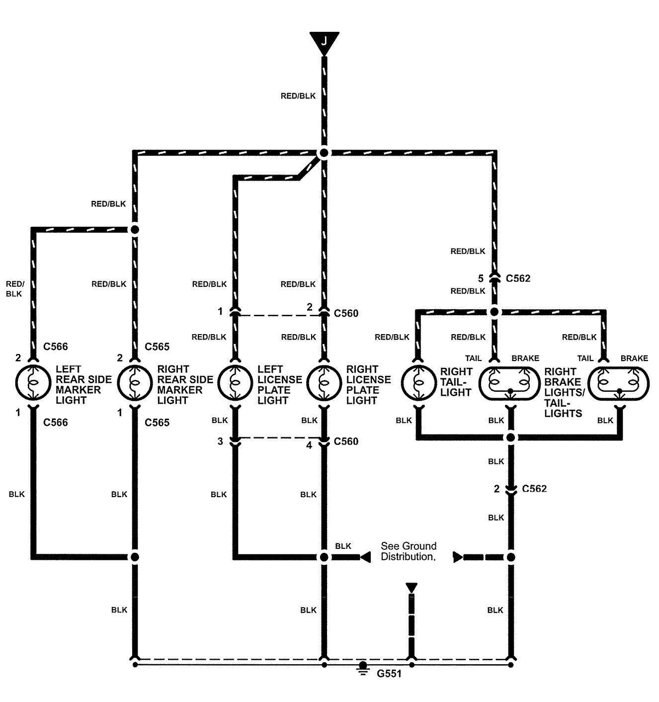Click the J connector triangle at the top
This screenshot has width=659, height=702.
(324, 40)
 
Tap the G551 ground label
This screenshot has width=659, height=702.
(389, 674)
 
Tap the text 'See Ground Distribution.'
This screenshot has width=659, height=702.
(409, 551)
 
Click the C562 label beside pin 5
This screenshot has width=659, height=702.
(518, 278)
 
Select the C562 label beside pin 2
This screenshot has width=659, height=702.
(534, 489)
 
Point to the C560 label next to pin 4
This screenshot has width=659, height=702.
(346, 441)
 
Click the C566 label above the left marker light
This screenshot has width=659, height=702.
(56, 347)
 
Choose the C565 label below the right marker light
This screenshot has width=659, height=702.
(157, 423)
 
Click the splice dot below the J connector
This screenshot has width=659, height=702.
(324, 153)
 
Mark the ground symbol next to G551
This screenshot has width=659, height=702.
(363, 669)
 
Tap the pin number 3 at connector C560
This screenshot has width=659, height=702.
(220, 441)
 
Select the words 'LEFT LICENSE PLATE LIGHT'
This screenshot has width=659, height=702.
(279, 384)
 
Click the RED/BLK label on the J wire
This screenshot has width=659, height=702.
(298, 96)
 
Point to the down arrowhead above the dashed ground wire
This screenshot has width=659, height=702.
(412, 588)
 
